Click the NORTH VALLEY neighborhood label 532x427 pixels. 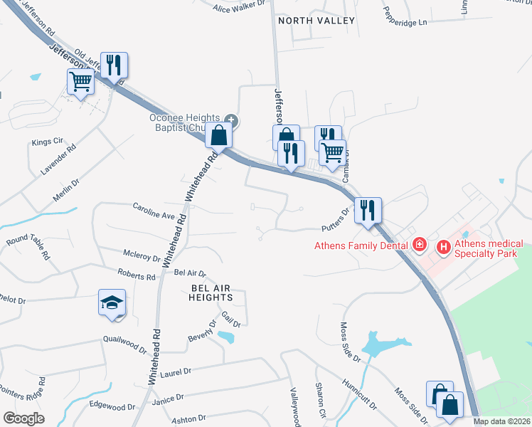(316, 21)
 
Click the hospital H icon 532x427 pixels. (444, 248)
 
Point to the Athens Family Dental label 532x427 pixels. (362, 246)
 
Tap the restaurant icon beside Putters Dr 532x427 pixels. (368, 211)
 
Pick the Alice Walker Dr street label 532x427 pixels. (239, 7)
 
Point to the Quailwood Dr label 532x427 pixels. (124, 344)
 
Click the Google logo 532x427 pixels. (23, 418)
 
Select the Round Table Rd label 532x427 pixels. (28, 247)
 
